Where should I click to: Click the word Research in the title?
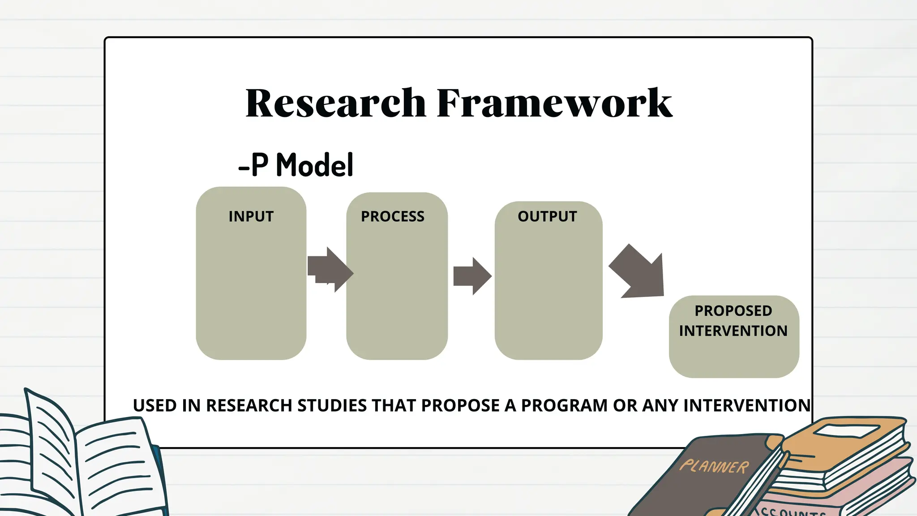[336, 103]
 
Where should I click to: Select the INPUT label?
[251, 216]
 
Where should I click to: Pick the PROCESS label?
[393, 216]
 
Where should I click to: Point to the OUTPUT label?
[547, 216]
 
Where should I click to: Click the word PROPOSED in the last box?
[733, 310]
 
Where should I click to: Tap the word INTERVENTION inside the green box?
[733, 331]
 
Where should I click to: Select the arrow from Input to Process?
[330, 270]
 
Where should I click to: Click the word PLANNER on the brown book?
[714, 466]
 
